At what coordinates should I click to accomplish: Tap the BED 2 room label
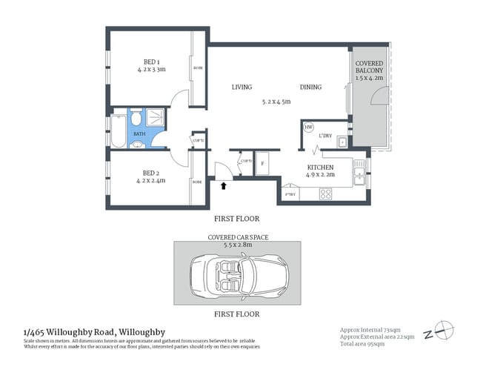click(150, 172)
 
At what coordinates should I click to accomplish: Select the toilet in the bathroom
click(136, 119)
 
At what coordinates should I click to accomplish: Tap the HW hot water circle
click(309, 128)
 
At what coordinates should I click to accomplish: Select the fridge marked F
click(265, 163)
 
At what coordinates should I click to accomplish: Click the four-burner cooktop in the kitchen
click(325, 194)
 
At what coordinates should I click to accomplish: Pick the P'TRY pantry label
click(290, 194)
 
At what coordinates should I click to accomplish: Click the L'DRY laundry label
click(325, 136)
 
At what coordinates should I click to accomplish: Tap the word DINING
click(310, 87)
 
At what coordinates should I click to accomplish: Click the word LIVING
click(242, 87)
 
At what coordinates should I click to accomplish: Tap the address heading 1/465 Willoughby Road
click(94, 331)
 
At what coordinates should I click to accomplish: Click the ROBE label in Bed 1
click(198, 67)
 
